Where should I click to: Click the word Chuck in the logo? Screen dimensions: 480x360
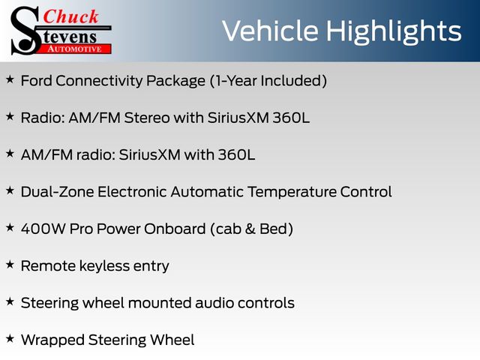click(70, 16)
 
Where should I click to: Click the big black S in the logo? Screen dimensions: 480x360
click(25, 31)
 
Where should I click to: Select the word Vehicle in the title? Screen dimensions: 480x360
click(270, 31)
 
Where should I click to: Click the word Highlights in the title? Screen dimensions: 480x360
click(394, 31)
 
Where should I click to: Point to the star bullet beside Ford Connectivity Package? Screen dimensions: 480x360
click(10, 79)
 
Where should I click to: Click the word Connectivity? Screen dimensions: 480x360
click(99, 81)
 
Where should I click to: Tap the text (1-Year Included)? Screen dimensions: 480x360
click(268, 81)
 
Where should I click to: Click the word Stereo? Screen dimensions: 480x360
click(147, 118)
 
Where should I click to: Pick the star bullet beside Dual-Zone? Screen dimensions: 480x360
click(10, 190)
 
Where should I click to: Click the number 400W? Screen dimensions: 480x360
click(43, 229)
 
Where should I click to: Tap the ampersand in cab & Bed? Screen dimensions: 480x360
click(250, 229)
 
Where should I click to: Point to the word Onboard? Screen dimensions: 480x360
click(175, 229)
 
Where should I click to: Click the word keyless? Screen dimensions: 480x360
click(104, 266)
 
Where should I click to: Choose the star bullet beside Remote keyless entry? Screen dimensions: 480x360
click(10, 265)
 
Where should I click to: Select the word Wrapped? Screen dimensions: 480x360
click(52, 340)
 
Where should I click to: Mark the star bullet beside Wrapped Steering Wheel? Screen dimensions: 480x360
click(10, 338)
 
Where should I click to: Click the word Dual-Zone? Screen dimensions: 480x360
click(57, 192)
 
